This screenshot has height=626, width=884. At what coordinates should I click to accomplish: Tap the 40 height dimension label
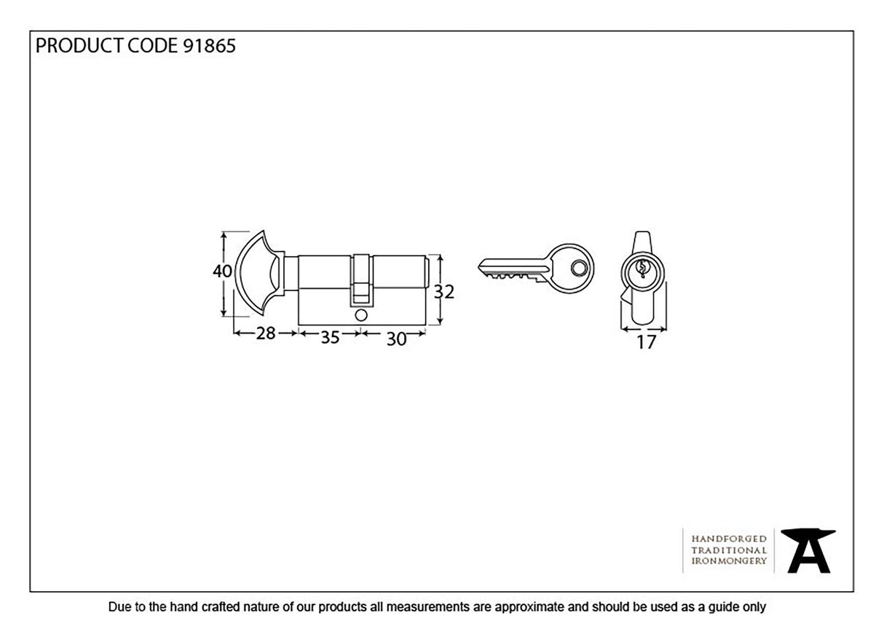point(222,272)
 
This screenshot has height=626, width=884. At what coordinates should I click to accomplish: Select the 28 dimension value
point(266,334)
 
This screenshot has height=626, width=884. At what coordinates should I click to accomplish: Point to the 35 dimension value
point(331,338)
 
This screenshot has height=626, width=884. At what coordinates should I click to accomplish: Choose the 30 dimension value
point(395,338)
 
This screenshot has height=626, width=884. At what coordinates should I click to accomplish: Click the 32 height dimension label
point(444,292)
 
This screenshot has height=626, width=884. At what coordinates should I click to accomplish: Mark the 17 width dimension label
point(646,342)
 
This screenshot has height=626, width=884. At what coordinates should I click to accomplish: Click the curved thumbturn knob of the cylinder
point(257,274)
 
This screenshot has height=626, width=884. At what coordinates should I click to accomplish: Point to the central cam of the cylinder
point(361,280)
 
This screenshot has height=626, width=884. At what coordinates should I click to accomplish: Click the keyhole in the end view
point(642,270)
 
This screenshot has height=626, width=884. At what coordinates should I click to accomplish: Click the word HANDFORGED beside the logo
point(729,538)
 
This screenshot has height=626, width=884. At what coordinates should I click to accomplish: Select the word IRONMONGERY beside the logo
point(729,561)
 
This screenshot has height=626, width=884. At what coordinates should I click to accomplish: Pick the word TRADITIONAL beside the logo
point(729,550)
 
